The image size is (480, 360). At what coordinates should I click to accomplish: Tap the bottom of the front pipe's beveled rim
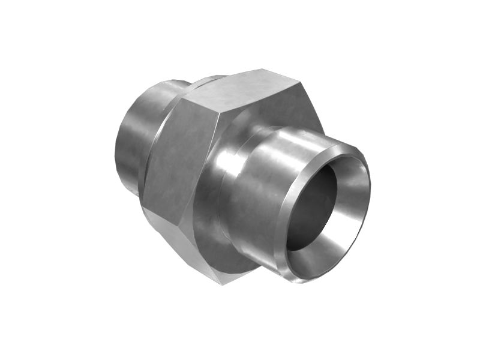pyautogui.click(x=300, y=276)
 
